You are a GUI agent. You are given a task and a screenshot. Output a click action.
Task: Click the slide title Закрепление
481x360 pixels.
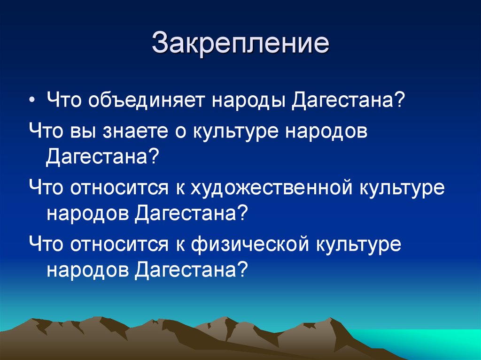coord(240,43)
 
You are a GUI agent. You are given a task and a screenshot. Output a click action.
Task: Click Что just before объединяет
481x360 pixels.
coord(64,101)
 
